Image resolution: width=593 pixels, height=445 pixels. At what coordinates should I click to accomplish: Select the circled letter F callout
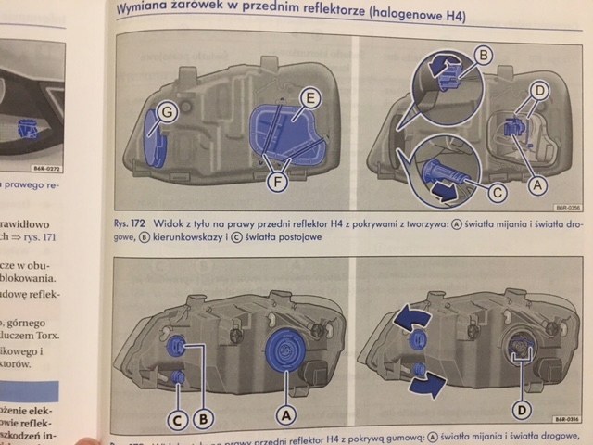click(x=275, y=182)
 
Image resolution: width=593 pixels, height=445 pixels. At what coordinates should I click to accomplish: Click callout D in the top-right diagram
click(x=539, y=90)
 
